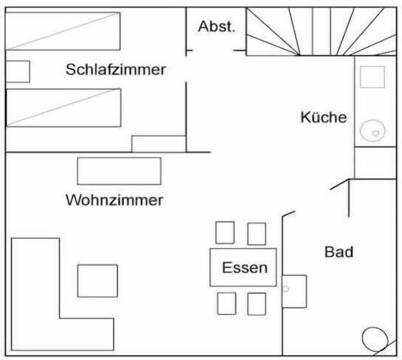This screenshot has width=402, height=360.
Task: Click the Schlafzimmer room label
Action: (116, 69)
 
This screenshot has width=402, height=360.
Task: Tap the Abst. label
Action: (216, 26)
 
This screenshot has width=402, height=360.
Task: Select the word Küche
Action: (324, 117)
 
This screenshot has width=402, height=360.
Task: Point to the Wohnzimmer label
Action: (114, 200)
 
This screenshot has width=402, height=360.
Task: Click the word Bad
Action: (339, 252)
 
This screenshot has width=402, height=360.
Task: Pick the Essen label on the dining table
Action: (245, 268)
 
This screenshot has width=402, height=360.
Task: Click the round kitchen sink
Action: (373, 131)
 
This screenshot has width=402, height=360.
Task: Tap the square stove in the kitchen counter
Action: (372, 77)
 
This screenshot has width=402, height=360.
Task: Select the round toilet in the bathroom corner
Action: (375, 339)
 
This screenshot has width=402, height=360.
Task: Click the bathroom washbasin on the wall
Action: (294, 291)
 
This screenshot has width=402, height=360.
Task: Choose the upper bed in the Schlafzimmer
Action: (63, 31)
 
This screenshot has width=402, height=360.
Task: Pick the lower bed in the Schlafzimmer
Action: (63, 108)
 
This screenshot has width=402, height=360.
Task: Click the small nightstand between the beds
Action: (18, 72)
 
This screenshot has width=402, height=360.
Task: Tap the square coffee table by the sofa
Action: (98, 281)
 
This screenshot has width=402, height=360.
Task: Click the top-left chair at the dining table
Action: (225, 233)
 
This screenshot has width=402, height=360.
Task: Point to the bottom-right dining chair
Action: (257, 304)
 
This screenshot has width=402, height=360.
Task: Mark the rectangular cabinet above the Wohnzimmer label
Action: (119, 171)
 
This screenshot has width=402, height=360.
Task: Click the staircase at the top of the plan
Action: (321, 31)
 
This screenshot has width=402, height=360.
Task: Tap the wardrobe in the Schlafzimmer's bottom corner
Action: (159, 144)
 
